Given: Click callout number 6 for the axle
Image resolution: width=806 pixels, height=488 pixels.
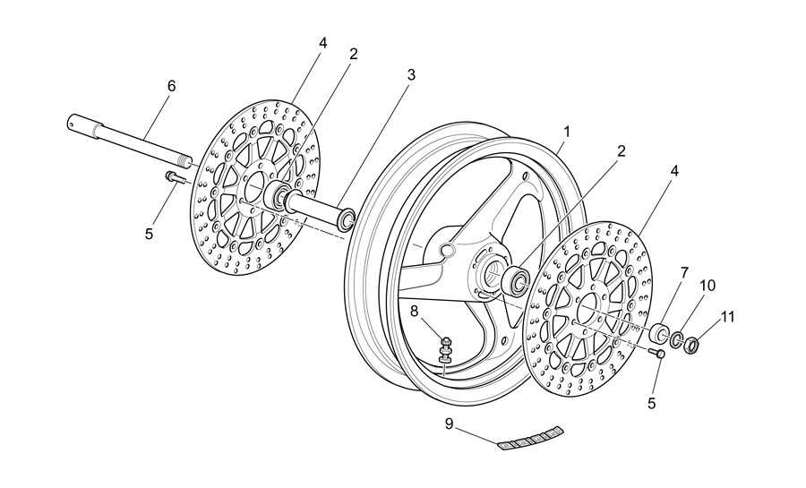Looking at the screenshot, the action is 172,86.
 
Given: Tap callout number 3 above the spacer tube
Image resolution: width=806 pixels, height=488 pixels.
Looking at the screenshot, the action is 411,74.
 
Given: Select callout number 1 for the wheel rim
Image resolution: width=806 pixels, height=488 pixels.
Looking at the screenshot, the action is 567,132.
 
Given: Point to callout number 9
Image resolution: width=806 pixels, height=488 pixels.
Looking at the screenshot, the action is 450,424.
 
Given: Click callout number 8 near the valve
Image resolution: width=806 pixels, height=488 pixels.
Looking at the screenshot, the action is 416,311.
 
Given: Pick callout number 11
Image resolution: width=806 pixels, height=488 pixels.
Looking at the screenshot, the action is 727,317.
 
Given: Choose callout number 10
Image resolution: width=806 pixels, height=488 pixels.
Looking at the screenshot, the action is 707,286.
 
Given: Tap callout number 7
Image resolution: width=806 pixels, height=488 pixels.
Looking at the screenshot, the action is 684,273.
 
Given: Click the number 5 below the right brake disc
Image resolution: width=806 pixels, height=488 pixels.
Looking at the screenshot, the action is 652,403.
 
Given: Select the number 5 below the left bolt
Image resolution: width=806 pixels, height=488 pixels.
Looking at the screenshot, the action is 149,234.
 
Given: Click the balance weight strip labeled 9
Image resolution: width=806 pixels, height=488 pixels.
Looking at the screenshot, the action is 530,435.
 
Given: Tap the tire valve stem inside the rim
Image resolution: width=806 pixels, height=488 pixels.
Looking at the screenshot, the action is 446,351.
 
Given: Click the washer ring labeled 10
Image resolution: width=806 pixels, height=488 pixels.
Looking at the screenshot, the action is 676,339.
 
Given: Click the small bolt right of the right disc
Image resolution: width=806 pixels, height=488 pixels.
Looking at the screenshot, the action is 657,353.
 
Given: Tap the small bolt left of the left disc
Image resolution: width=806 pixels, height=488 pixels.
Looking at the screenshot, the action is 174,177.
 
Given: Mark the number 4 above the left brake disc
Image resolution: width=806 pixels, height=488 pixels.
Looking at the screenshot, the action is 322,43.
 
